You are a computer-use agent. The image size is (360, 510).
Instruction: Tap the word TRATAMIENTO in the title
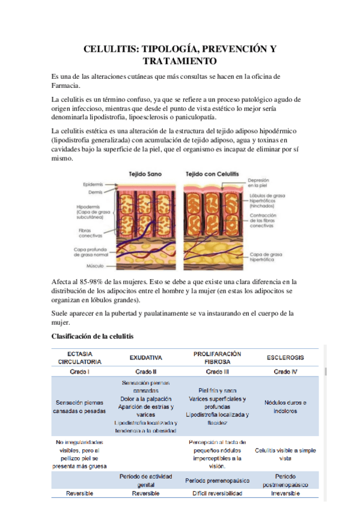point(179,61)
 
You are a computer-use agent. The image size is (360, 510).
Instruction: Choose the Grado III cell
point(216,371)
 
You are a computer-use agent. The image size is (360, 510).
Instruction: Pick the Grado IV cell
point(285,371)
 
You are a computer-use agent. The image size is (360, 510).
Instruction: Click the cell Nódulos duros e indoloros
point(285,407)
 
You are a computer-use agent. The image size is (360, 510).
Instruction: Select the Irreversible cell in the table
point(285,493)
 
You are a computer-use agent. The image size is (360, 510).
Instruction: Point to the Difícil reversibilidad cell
point(216,493)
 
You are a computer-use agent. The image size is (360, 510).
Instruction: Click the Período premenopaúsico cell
point(216,479)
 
